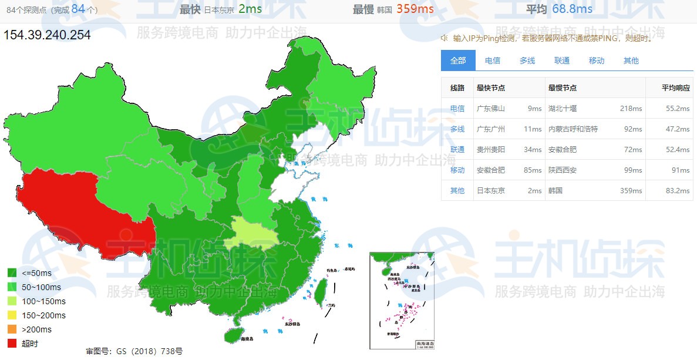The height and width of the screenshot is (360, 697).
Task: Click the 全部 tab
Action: click(458, 60)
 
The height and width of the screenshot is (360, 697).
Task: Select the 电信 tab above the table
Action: click(493, 60)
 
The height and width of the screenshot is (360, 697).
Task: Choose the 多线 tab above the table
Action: click(527, 60)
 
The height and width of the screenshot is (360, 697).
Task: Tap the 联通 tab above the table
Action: click(562, 60)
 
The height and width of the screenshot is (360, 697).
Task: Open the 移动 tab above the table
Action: click(597, 60)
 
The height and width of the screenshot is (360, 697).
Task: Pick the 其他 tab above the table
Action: click(631, 60)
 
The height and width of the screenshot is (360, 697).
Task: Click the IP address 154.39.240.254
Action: click(48, 35)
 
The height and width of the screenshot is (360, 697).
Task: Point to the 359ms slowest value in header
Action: click(415, 9)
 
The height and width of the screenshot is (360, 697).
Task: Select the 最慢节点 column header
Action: click(563, 88)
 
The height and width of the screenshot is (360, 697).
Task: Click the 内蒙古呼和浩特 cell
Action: click(573, 129)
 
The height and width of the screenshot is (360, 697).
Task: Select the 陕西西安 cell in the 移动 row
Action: click(563, 170)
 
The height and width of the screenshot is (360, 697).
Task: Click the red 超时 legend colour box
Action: click(12, 344)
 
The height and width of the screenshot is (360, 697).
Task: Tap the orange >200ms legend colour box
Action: click(12, 329)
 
